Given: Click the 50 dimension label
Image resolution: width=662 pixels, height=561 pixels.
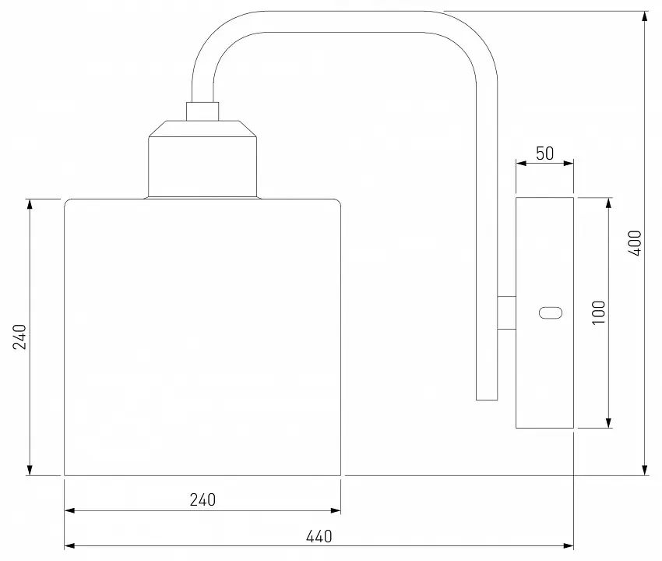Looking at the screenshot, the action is (x=544, y=153).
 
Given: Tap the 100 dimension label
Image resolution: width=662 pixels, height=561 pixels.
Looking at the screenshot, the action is (x=599, y=312).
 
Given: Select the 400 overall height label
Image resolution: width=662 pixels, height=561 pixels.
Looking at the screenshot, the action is (x=635, y=243).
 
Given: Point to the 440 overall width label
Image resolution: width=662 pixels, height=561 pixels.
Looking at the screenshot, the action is (x=319, y=537).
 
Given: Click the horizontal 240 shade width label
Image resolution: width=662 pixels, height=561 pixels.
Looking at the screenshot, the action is (x=202, y=499).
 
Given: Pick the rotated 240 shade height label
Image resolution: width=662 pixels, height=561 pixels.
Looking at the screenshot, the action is (x=19, y=337).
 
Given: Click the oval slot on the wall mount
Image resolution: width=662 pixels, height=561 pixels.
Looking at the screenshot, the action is (x=551, y=313).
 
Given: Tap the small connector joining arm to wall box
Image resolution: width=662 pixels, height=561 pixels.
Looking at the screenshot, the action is (x=507, y=312).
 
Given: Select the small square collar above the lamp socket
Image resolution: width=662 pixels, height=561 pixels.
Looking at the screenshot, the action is (x=202, y=111).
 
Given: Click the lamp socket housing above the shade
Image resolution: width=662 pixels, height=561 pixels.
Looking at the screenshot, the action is (x=202, y=159).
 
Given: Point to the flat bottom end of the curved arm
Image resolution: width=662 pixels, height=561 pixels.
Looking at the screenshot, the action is (x=487, y=400).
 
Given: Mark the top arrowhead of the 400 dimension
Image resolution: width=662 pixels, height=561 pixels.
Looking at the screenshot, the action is (x=645, y=16).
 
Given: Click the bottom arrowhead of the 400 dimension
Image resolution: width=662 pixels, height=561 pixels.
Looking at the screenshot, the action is (x=645, y=470).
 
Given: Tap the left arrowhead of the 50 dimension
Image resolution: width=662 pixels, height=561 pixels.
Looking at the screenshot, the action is (x=521, y=163).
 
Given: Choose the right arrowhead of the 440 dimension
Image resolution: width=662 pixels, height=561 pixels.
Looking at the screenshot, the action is (x=568, y=545).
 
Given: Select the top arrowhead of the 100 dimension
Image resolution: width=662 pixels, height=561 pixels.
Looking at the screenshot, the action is (x=608, y=203).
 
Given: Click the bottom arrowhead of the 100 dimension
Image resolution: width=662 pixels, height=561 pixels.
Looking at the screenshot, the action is (x=608, y=422).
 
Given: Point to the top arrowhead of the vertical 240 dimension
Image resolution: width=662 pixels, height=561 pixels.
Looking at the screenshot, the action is (x=30, y=204).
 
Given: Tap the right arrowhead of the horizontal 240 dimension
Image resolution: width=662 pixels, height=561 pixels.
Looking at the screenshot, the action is (x=335, y=510).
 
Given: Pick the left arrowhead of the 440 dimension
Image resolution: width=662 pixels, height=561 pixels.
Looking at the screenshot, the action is (x=69, y=545).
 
